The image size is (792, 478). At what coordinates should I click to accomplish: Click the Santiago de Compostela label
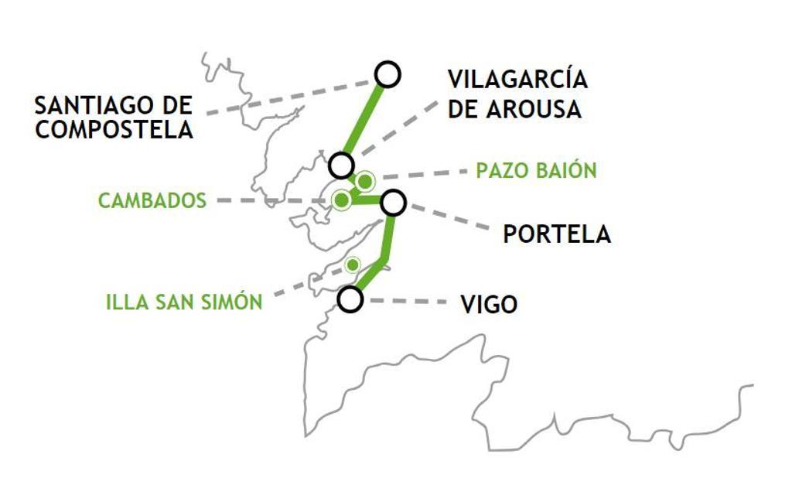[x=114, y=117]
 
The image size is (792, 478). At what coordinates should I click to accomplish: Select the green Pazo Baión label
[x=536, y=170]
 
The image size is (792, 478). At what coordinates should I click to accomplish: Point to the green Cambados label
[x=152, y=201]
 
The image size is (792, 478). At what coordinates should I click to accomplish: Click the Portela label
[x=556, y=234]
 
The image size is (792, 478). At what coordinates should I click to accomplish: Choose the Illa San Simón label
[x=184, y=302]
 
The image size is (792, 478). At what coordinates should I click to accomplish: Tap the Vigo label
[x=489, y=305]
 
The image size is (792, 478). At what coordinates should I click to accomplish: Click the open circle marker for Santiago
[x=387, y=74]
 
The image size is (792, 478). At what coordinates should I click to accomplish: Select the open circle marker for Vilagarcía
[x=341, y=166]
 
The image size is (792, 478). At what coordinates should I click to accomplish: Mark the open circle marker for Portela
[x=393, y=203]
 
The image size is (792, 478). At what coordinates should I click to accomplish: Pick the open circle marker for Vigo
[x=350, y=299]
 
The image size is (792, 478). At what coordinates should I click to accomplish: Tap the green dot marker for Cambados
[x=341, y=200]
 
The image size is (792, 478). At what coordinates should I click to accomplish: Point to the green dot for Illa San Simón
[x=353, y=265]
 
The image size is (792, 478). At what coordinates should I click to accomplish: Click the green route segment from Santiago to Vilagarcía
[x=364, y=121]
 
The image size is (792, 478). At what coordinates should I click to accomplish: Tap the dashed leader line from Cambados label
[x=271, y=200]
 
